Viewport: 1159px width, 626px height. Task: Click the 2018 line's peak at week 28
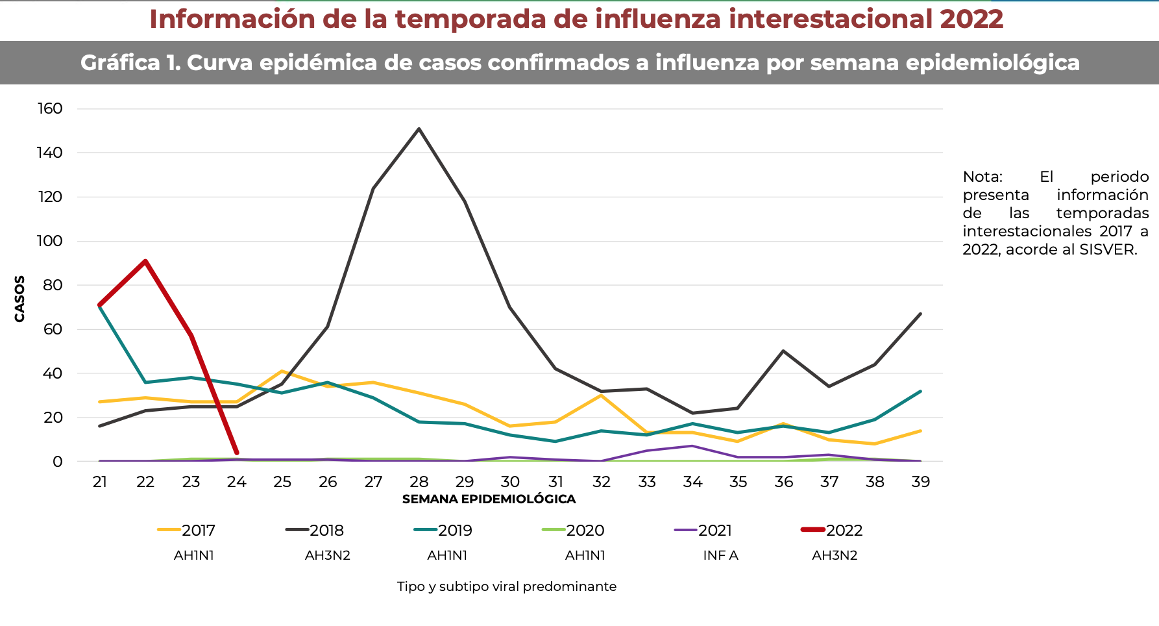[419, 129]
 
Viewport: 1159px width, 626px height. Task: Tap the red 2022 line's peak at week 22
[145, 261]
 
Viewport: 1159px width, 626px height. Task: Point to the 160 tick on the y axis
[50, 108]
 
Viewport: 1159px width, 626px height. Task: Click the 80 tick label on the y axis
[53, 285]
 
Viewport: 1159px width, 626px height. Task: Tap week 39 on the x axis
[920, 482]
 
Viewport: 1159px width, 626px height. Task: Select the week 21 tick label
[100, 482]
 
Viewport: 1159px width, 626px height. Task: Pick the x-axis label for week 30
[510, 482]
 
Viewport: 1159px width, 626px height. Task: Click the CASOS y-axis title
[19, 299]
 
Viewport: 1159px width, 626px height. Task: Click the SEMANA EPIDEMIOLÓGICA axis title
[489, 499]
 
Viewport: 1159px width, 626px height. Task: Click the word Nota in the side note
[982, 177]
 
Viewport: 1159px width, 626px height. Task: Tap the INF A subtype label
[720, 556]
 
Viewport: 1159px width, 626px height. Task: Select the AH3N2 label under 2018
[327, 556]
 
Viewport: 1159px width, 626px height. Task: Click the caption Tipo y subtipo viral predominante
[506, 587]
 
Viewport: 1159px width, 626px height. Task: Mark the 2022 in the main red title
[971, 19]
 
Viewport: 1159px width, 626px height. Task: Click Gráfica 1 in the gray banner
[130, 62]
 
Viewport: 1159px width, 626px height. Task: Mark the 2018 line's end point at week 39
[920, 314]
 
